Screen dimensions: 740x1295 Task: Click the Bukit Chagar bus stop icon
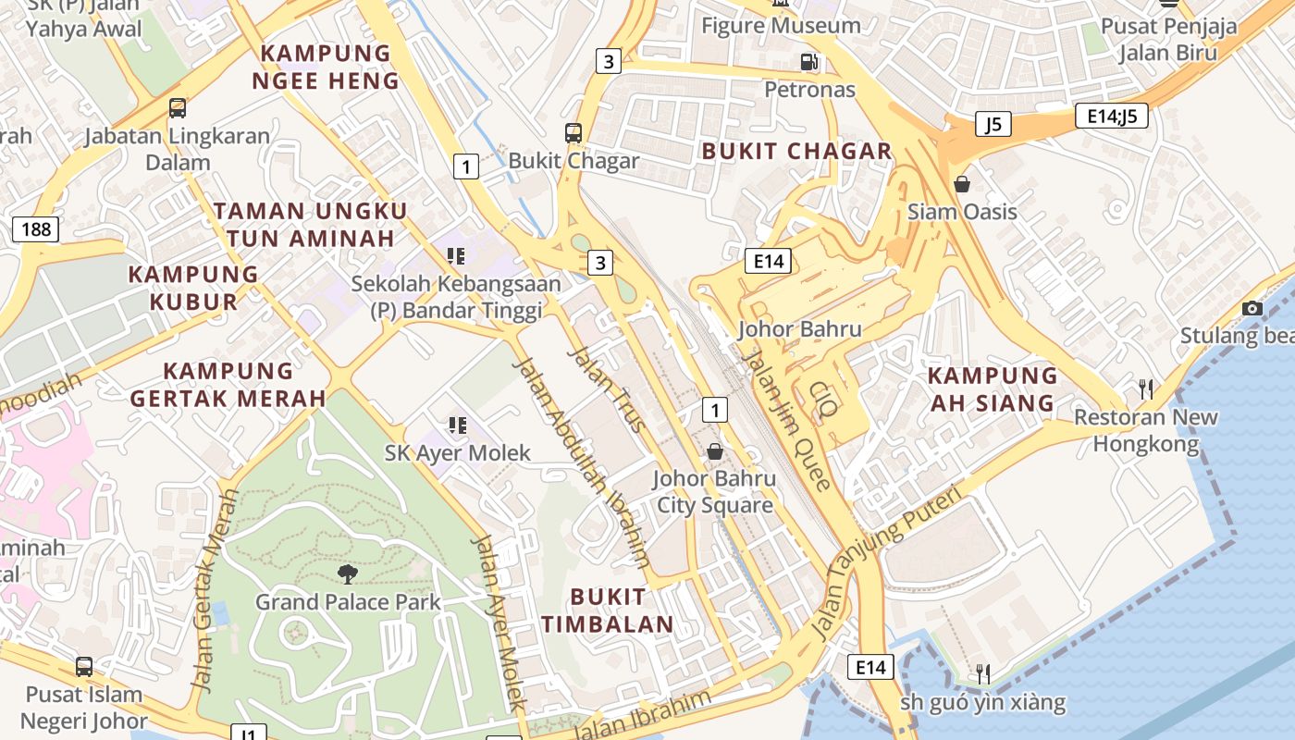(x=573, y=132)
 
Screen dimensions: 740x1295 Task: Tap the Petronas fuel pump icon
(x=809, y=62)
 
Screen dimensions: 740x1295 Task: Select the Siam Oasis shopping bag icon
(x=962, y=184)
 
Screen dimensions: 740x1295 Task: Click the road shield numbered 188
(x=36, y=228)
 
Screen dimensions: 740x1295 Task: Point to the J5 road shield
(x=993, y=124)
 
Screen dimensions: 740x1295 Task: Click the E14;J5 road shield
(x=1112, y=116)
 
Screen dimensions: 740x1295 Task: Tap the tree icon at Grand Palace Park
(x=348, y=574)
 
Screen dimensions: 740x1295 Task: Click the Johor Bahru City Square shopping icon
(x=715, y=451)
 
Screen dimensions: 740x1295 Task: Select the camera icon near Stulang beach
(x=1252, y=308)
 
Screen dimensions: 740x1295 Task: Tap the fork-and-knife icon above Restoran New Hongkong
(x=1146, y=389)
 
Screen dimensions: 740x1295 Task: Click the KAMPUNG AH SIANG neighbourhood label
(x=993, y=388)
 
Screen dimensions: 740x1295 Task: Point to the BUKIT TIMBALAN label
(x=608, y=610)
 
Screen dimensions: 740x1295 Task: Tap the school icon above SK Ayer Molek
(x=457, y=425)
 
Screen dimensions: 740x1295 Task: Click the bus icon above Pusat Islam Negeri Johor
(x=84, y=666)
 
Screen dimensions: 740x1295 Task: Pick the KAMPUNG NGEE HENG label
(x=326, y=67)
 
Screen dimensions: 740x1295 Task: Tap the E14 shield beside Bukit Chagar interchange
(x=769, y=261)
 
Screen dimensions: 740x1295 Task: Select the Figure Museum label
(x=781, y=25)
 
